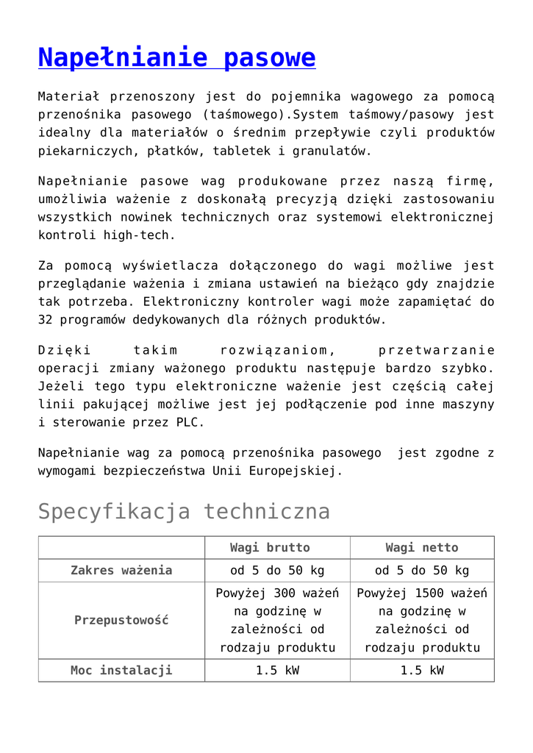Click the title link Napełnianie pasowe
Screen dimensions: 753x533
pyautogui.click(x=176, y=57)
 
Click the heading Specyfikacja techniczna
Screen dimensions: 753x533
pyautogui.click(x=184, y=511)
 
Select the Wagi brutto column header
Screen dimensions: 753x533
pyautogui.click(x=270, y=547)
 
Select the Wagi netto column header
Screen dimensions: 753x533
pyautogui.click(x=421, y=547)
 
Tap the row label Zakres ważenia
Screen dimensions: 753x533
pyautogui.click(x=121, y=570)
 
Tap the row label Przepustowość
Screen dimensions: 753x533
pyautogui.click(x=121, y=620)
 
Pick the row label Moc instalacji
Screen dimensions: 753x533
pyautogui.click(x=121, y=670)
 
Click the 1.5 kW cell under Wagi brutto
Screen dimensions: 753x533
pyautogui.click(x=277, y=670)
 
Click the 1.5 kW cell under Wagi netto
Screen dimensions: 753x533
pyautogui.click(x=421, y=670)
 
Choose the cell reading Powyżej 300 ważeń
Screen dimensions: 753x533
pyautogui.click(x=277, y=593)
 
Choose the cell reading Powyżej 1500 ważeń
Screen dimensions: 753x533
pyautogui.click(x=421, y=593)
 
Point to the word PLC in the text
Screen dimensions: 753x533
pyautogui.click(x=190, y=423)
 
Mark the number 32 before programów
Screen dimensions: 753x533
pyautogui.click(x=46, y=320)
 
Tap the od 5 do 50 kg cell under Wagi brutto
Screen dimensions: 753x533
pyautogui.click(x=277, y=570)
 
